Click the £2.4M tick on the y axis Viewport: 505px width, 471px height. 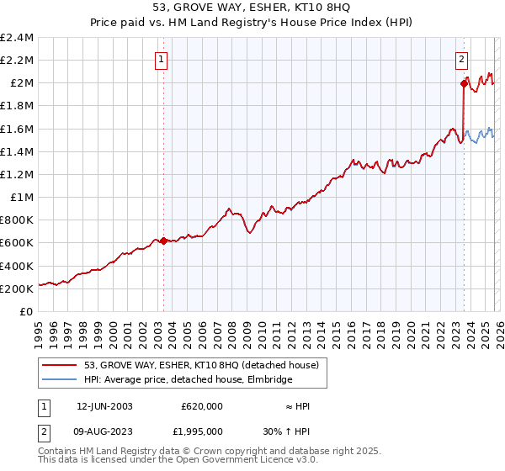(18, 38)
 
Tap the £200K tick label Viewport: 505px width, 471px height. (18, 288)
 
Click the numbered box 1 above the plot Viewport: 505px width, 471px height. (161, 59)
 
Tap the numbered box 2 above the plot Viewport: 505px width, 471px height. (462, 59)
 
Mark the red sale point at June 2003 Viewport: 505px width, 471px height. (163, 241)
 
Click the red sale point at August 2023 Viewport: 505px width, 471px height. (464, 83)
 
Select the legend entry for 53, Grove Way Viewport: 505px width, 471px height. (201, 366)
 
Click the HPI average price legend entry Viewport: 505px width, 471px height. (188, 380)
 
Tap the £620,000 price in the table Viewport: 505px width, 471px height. (202, 406)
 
